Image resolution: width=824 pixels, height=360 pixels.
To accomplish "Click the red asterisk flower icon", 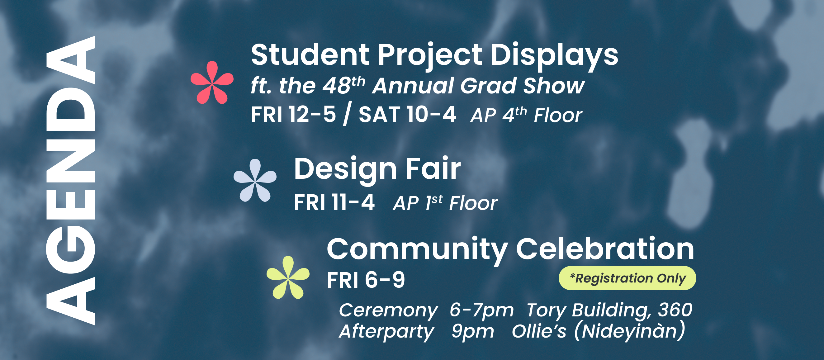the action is point(212,83).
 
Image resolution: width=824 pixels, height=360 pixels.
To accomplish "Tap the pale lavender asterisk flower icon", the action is point(255,181).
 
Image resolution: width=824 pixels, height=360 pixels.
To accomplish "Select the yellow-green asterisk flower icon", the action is point(288,277).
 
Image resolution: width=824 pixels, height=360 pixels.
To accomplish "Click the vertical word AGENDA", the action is point(71,181).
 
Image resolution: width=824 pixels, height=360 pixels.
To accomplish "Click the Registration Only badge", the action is point(627,278).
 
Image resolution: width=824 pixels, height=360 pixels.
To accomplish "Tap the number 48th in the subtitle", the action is point(343,85).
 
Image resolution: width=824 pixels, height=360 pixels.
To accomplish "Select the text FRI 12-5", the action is point(293,114).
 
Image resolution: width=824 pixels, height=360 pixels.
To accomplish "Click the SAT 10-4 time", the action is point(407,114).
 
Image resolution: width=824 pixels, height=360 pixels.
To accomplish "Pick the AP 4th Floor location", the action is point(526,115).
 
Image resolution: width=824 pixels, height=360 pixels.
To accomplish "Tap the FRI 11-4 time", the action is point(334,202).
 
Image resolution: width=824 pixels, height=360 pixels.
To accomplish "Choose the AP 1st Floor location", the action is point(445,203).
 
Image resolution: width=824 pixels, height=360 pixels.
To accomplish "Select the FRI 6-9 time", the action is point(366,280).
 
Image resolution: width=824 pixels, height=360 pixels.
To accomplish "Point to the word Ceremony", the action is point(388,310).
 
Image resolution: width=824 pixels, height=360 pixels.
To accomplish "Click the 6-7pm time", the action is point(482,310).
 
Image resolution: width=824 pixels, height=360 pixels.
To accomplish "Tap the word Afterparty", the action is point(386,332).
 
